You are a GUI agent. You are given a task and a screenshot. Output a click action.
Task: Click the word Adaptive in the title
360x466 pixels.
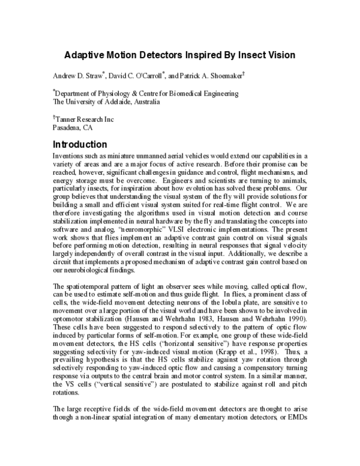(x=85, y=55)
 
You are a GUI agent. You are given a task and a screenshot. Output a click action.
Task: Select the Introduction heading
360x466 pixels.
(x=80, y=145)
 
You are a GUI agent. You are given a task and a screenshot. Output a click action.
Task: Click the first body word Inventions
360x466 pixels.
(x=68, y=157)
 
